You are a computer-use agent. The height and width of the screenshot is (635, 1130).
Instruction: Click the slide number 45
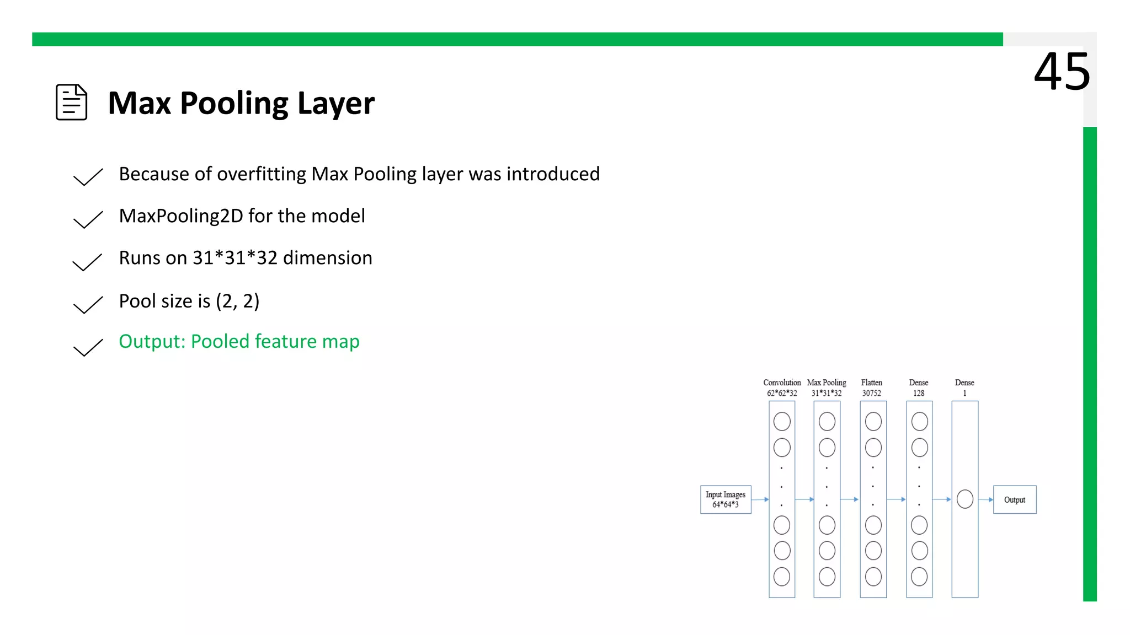[x=1062, y=72]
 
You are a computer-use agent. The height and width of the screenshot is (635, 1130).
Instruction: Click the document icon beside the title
[x=71, y=102]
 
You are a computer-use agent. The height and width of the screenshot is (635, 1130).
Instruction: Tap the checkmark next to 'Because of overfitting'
[x=88, y=177]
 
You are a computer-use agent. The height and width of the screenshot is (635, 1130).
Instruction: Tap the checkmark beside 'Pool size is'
[x=88, y=305]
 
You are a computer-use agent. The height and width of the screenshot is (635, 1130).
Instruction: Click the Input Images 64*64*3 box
[x=725, y=499]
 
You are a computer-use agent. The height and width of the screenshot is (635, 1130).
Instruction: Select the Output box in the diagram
[x=1014, y=499]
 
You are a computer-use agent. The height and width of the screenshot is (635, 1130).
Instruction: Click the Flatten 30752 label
[x=871, y=388]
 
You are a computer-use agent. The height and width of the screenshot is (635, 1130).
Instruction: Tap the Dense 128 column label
[x=918, y=388]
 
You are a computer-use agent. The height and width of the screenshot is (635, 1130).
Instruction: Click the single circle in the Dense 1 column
[x=964, y=499]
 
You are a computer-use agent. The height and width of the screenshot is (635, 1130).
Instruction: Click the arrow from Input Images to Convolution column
[x=760, y=499]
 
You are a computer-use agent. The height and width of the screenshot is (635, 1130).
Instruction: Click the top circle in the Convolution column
[x=781, y=422]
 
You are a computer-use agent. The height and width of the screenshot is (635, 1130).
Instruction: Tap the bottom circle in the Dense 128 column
[x=919, y=577]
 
